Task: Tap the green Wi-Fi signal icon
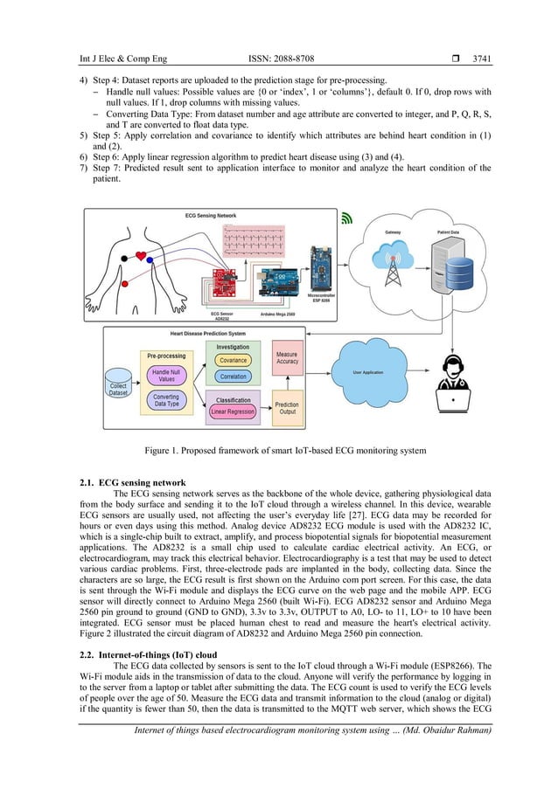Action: pos(346,218)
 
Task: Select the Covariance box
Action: pos(234,359)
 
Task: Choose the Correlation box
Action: pos(234,377)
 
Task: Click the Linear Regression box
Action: pos(233,411)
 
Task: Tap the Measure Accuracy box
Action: pos(287,357)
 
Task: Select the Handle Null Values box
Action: pos(166,375)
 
